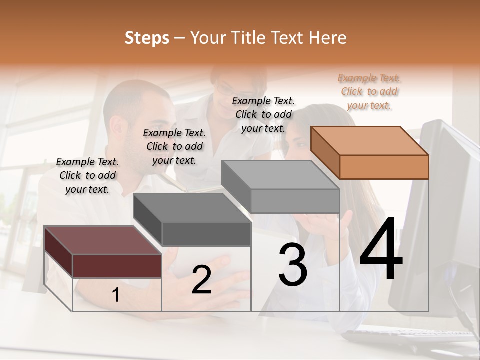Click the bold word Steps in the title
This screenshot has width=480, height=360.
pyautogui.click(x=147, y=38)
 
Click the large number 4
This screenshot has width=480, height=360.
pyautogui.click(x=381, y=250)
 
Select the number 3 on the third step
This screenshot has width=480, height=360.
pyautogui.click(x=293, y=265)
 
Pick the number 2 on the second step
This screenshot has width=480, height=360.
pyautogui.click(x=201, y=280)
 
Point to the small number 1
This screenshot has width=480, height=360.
pyautogui.click(x=116, y=295)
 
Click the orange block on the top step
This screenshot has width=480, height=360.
pyautogui.click(x=370, y=153)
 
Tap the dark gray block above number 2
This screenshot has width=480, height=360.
pyautogui.click(x=192, y=220)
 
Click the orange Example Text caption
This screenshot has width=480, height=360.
pyautogui.click(x=369, y=91)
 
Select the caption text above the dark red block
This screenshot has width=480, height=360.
pyautogui.click(x=87, y=175)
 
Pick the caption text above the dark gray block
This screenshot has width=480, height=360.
pyautogui.click(x=174, y=146)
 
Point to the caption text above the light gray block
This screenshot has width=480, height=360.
pyautogui.click(x=263, y=114)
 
